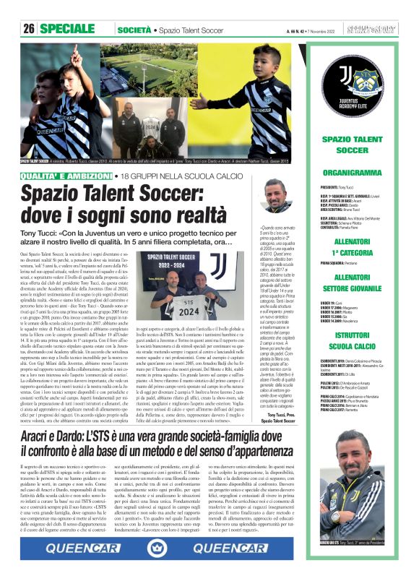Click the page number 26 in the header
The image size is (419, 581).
(x=29, y=30)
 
